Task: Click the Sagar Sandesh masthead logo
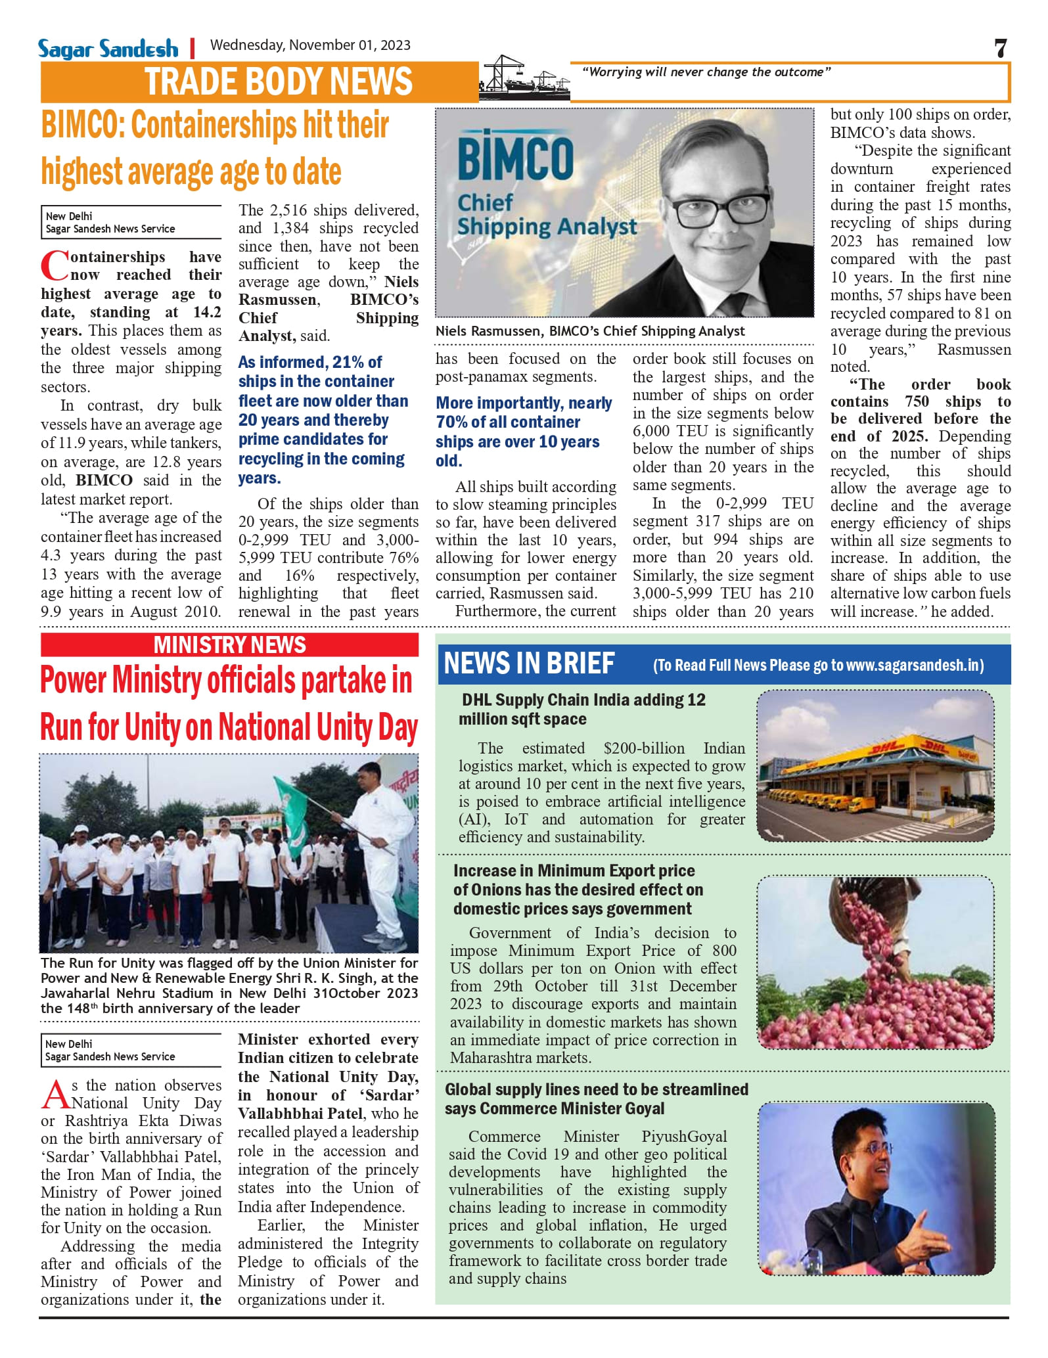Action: [x=108, y=49]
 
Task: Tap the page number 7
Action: [x=1000, y=49]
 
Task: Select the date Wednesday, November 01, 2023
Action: [x=310, y=45]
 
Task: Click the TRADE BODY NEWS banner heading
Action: [x=279, y=82]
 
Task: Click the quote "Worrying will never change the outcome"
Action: [x=706, y=72]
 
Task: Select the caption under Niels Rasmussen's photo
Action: [x=590, y=331]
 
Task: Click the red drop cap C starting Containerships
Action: [x=54, y=265]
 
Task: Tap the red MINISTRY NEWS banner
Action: [x=229, y=645]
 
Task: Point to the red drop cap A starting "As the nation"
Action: [x=55, y=1095]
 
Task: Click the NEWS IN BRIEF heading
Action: [x=530, y=664]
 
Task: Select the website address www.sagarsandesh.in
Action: [x=913, y=666]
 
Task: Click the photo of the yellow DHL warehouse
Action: [x=875, y=766]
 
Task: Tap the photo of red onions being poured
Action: [x=875, y=963]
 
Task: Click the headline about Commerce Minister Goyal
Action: [x=596, y=1099]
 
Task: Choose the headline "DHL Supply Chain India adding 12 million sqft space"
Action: [x=582, y=710]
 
